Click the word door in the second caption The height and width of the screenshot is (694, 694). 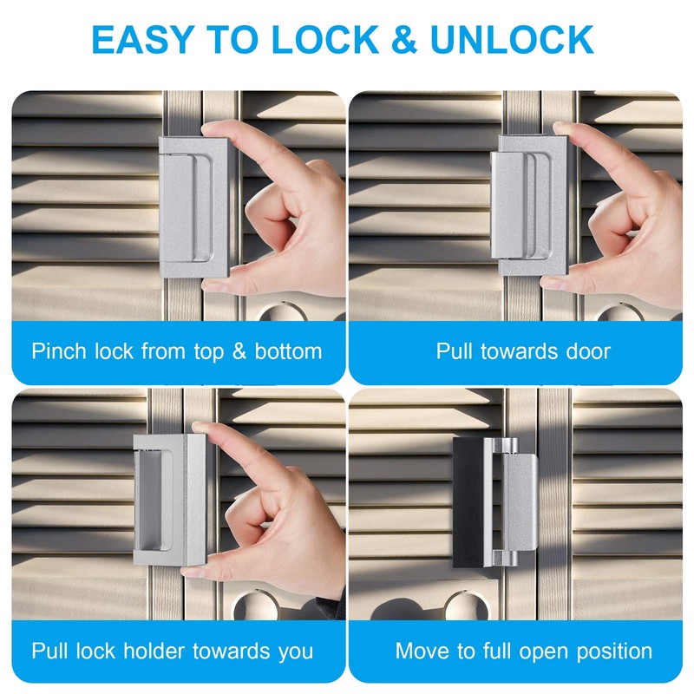586,351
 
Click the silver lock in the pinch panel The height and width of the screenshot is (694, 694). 193,209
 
